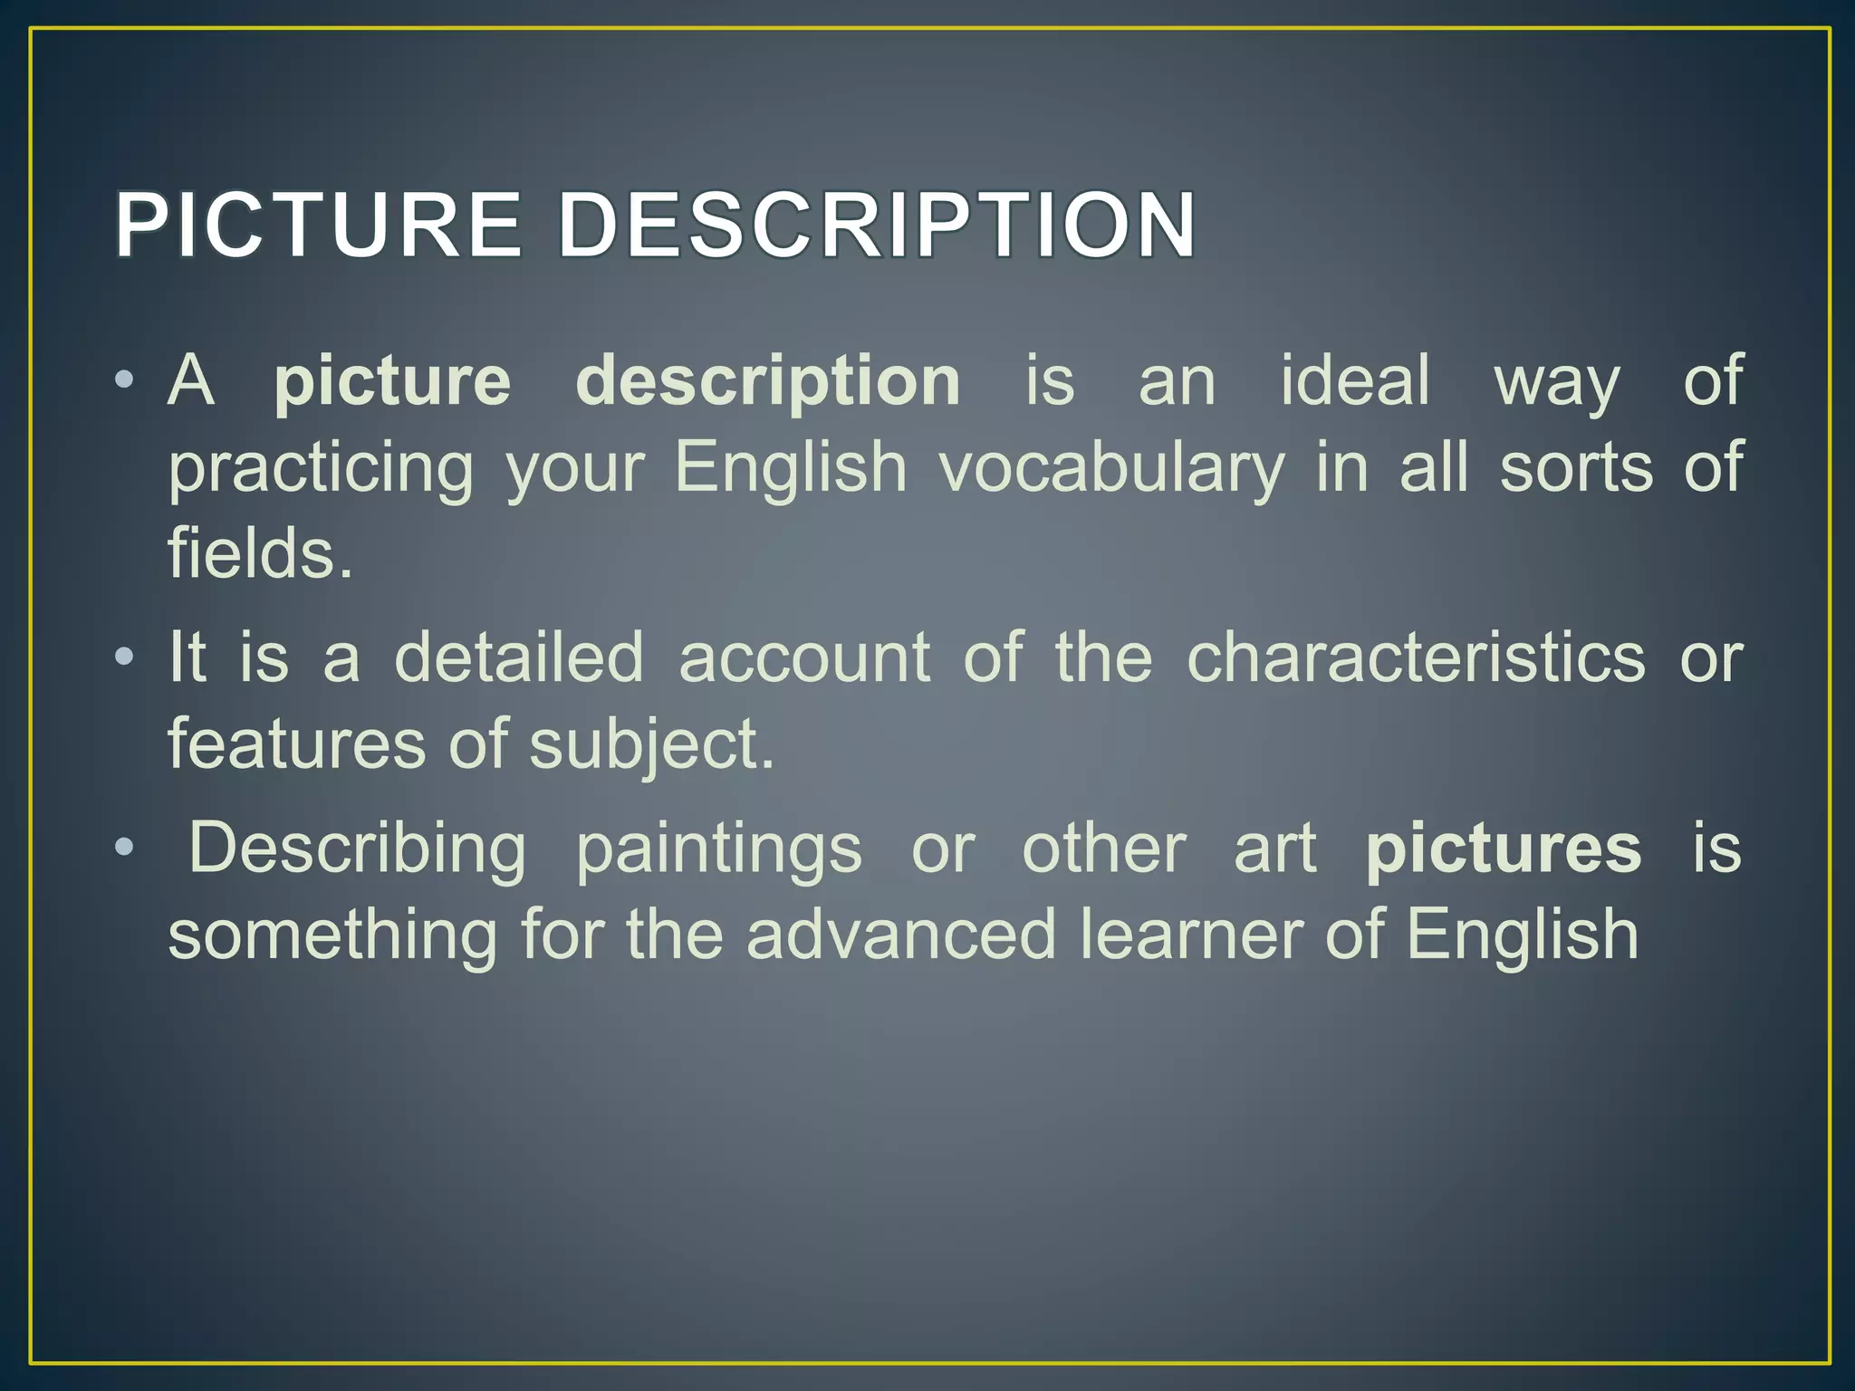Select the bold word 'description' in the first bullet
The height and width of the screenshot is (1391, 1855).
coord(768,381)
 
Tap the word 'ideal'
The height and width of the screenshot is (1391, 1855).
coord(1355,379)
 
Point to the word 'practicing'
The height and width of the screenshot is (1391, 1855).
coord(321,469)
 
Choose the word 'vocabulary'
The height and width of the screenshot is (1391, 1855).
coord(1111,469)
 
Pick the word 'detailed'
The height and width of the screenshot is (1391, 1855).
coord(519,657)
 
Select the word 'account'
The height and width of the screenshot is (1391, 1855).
coord(804,657)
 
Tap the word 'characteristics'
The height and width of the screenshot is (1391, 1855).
coord(1416,657)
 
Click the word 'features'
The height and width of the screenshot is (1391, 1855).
coord(296,743)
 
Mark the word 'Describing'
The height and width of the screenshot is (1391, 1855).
coord(357,849)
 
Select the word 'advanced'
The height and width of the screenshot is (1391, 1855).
coord(901,935)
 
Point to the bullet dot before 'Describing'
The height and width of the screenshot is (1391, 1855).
coord(125,848)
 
